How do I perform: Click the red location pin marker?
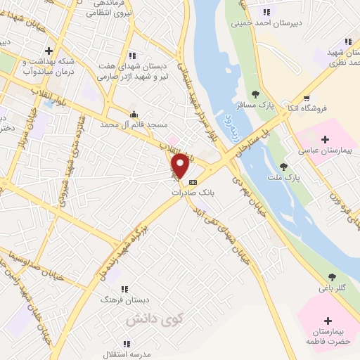coord(180,166)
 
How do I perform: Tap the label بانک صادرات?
coord(193,192)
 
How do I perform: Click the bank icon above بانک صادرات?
coord(193,182)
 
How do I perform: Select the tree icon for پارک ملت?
coord(283,167)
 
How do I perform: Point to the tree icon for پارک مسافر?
coord(255,94)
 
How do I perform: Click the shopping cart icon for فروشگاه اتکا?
coord(306,98)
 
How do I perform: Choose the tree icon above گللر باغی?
coord(332,277)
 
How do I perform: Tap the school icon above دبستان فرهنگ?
coord(124,288)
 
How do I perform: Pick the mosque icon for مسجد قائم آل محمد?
coord(134,114)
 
